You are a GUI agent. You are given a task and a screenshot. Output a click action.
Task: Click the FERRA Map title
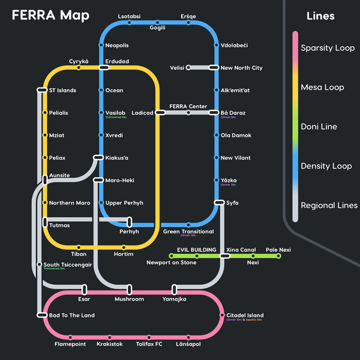[x=51, y=15]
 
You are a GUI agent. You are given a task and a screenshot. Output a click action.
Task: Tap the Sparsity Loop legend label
[x=328, y=48]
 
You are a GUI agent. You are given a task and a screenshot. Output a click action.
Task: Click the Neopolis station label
[x=117, y=46]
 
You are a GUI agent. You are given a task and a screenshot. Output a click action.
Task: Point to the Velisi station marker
[x=188, y=68]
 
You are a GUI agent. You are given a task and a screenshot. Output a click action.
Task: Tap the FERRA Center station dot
[x=188, y=112]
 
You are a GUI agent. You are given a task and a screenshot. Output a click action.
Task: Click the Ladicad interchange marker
[x=160, y=112]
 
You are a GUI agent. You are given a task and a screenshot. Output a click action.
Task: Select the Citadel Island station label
[x=245, y=316]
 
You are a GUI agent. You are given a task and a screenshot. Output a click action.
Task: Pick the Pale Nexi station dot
[x=278, y=256]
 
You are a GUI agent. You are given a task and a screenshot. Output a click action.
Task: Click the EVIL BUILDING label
[x=196, y=250]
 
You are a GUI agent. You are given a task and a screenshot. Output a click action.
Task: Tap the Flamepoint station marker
[x=70, y=337]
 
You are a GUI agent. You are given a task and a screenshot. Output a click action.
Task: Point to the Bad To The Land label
[x=71, y=316]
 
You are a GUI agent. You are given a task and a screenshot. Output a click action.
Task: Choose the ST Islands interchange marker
[x=42, y=90]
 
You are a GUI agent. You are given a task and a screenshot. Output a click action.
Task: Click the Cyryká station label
[x=79, y=61]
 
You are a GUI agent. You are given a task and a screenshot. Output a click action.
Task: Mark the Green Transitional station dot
[x=188, y=225]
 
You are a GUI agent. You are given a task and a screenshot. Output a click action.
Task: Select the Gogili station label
[x=157, y=28]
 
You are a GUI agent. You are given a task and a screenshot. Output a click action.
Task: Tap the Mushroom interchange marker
[x=130, y=290]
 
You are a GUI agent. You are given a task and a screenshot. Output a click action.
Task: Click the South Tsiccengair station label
[x=67, y=265]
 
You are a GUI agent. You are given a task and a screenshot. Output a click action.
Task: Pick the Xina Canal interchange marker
[x=224, y=256]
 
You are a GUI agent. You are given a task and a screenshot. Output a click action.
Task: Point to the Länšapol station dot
[x=188, y=337]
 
